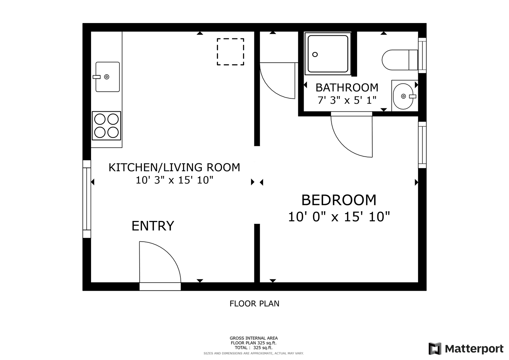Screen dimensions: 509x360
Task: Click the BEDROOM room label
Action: click(x=339, y=200)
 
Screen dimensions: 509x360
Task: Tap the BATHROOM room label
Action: click(x=347, y=87)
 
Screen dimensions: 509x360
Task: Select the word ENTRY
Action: click(x=153, y=226)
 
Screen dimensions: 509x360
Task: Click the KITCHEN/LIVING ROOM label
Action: click(x=174, y=167)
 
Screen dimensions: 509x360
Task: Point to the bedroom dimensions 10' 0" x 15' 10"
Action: click(x=339, y=216)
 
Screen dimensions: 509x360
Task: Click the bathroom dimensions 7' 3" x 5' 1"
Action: click(x=347, y=100)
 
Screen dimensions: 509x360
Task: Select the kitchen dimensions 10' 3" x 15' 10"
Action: click(x=174, y=180)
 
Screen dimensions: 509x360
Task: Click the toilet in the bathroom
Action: click(x=400, y=60)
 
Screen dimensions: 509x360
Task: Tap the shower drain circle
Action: click(x=315, y=55)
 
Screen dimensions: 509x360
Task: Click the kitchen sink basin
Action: click(x=108, y=77)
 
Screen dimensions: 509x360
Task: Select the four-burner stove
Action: click(x=106, y=126)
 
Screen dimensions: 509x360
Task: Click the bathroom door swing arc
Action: click(x=341, y=144)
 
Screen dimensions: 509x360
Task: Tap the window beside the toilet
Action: click(x=422, y=55)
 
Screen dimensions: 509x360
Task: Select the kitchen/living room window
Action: click(x=87, y=199)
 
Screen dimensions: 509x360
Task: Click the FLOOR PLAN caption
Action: click(x=254, y=304)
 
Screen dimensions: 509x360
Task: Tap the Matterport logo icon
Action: click(x=435, y=348)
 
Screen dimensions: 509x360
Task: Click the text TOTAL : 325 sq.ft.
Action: click(x=254, y=347)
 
